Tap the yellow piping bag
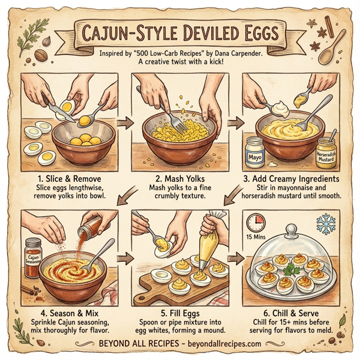[x=211, y=247]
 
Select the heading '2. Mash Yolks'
[x=179, y=178]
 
